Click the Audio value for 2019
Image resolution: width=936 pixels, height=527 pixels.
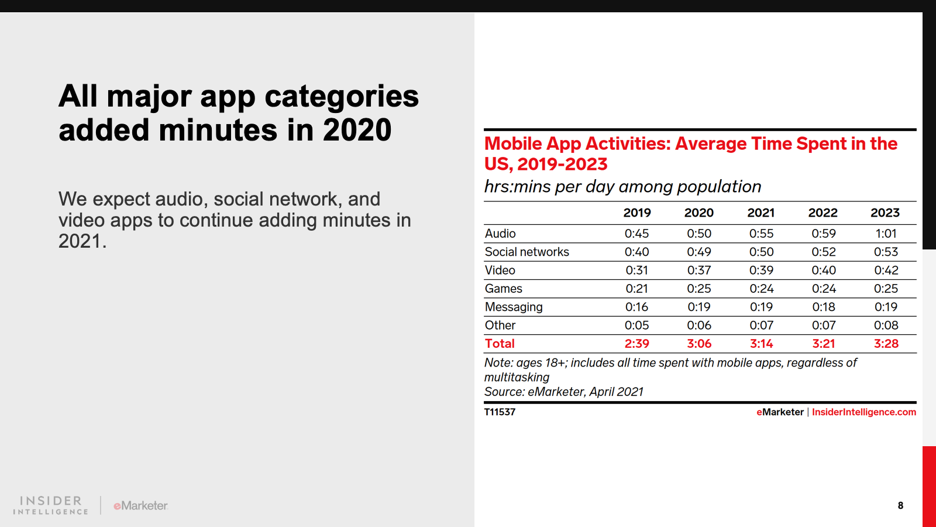pos(636,234)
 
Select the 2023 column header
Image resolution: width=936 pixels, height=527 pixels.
pos(885,213)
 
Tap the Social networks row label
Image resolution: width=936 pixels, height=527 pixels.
pos(526,252)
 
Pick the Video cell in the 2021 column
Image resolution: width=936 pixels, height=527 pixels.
pos(761,271)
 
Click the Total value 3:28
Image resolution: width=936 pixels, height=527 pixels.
pos(886,344)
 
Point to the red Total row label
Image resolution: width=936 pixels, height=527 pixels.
pos(500,344)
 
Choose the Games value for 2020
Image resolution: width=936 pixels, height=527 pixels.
pos(699,289)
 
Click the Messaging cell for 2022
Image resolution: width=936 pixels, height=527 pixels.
pos(824,307)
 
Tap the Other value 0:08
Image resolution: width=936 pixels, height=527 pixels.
pos(886,326)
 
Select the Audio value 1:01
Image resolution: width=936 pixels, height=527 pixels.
pos(886,234)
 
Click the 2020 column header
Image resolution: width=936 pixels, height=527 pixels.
pos(699,213)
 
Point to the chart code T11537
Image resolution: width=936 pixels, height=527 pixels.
pos(500,412)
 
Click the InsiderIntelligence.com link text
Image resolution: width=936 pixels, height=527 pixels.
pos(863,412)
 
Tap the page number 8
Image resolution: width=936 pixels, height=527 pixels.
pos(900,505)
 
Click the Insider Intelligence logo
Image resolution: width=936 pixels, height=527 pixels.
pos(51,505)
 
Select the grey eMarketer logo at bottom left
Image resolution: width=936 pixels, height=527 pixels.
pos(140,505)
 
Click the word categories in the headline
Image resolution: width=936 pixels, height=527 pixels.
pos(339,97)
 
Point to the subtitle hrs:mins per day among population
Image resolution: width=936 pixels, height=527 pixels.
pos(622,187)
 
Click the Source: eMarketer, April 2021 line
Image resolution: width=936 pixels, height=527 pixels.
pos(563,392)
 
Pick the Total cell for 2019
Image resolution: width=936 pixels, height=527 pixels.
pos(636,344)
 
